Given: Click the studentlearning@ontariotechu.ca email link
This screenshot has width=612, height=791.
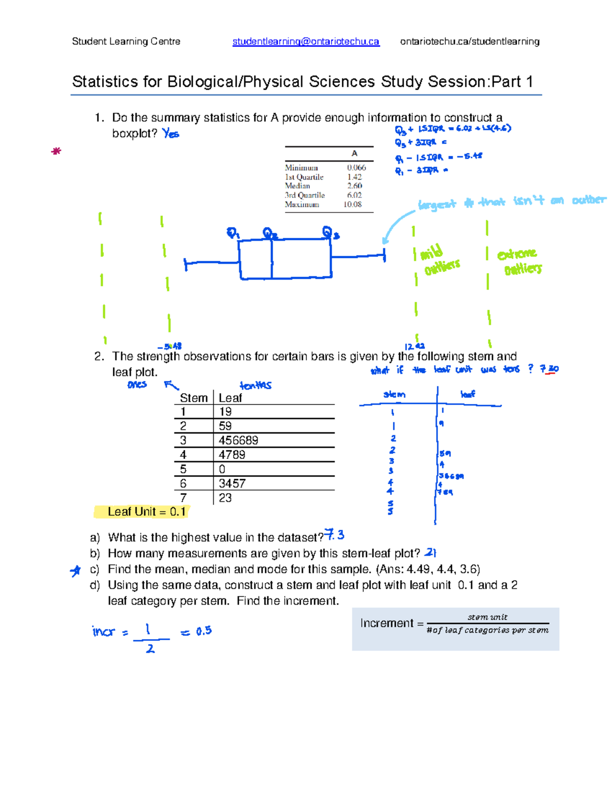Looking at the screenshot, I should click(305, 42).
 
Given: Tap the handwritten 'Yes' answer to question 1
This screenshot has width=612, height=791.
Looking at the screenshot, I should click(171, 134).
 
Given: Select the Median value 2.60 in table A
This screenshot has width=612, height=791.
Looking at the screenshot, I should click(354, 186).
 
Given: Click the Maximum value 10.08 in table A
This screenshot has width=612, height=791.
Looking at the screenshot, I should click(352, 204).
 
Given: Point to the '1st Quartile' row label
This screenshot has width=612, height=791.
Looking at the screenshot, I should click(304, 177).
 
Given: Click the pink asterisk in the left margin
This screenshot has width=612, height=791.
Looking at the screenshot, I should click(56, 151).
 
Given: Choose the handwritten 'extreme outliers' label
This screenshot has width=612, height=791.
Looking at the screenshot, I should click(519, 261).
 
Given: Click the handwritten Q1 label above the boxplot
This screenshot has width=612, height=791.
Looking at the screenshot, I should click(233, 233).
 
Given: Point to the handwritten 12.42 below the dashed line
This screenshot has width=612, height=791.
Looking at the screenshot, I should click(414, 346).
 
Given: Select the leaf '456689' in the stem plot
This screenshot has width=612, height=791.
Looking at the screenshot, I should click(238, 441).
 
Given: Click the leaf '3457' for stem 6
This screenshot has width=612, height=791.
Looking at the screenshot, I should click(232, 483).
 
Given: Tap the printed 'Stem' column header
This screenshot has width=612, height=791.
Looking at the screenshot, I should click(194, 398).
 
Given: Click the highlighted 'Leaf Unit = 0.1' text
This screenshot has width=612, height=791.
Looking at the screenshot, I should click(146, 512).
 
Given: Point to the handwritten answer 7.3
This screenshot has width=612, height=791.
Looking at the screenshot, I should click(335, 535).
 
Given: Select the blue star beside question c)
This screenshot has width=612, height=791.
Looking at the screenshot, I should click(75, 571).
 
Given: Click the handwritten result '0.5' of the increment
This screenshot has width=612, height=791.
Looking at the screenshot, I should click(203, 631).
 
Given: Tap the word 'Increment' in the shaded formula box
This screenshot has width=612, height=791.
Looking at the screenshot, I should click(387, 623).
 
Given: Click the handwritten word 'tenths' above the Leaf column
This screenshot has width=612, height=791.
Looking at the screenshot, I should click(256, 386).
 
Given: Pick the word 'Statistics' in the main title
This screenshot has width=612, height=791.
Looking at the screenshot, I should click(105, 82).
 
